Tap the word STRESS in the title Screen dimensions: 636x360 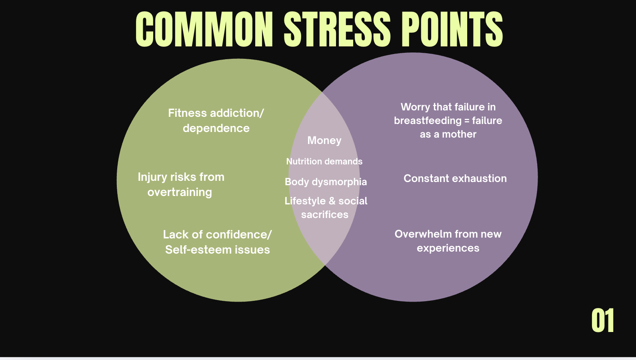[x=337, y=29]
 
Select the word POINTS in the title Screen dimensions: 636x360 [x=452, y=29]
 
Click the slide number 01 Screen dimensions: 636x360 [x=602, y=321]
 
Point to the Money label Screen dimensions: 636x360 [x=324, y=140]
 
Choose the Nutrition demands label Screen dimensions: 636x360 [x=324, y=162]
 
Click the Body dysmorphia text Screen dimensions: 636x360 [x=326, y=182]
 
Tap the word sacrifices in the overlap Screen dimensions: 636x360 [x=325, y=215]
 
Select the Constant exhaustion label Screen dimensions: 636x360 [x=455, y=178]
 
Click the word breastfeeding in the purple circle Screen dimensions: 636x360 [x=428, y=121]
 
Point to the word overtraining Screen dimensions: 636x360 [x=180, y=192]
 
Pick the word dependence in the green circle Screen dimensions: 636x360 [x=216, y=128]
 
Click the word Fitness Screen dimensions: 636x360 [x=187, y=113]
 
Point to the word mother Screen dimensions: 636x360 [x=459, y=134]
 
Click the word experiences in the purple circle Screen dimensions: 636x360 [x=448, y=248]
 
